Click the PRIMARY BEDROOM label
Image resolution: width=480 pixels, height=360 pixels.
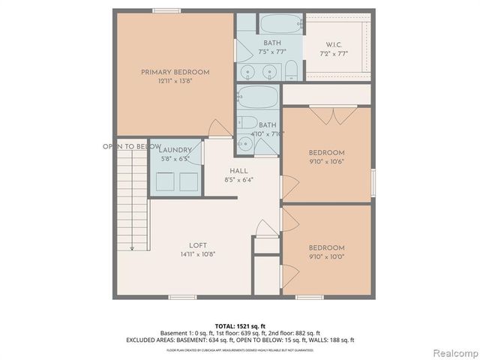[x=175, y=72]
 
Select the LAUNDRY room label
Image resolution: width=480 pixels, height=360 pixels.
[x=176, y=150]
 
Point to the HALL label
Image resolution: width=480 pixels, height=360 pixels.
[x=238, y=170]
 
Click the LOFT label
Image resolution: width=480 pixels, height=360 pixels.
[x=197, y=244]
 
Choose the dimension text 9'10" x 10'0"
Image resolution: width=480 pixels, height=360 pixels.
[x=326, y=256]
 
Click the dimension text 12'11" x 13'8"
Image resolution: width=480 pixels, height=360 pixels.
[x=175, y=81]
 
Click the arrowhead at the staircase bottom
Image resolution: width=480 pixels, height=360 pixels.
[x=132, y=249]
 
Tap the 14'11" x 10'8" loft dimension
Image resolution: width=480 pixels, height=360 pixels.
[x=197, y=254]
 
